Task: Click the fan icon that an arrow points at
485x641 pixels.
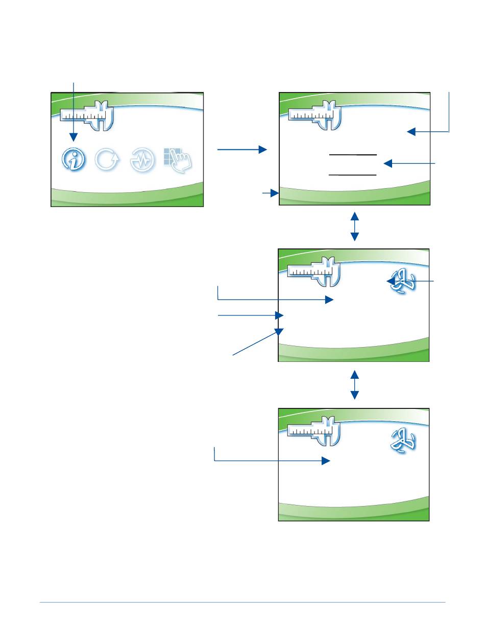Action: (x=401, y=281)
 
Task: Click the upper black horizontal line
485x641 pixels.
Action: (x=353, y=154)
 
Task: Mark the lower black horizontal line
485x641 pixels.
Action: (x=353, y=175)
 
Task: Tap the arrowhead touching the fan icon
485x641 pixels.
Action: (x=391, y=281)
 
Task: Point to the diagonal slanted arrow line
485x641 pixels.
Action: (x=255, y=343)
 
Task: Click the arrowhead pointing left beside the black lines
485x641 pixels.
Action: (x=388, y=164)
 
